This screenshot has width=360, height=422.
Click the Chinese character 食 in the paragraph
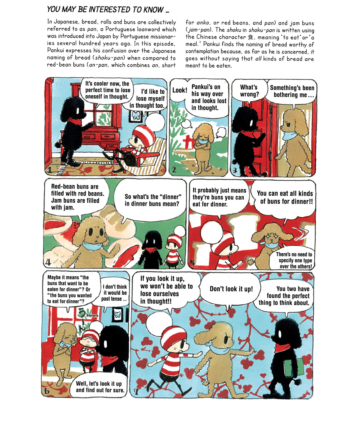pos(250,37)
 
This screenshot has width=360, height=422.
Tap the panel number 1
pos(50,170)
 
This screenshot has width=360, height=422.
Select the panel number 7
pos(136,391)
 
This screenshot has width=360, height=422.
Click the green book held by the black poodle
pos(293,367)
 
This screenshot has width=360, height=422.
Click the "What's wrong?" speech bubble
pos(249,91)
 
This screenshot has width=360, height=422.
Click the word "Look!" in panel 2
pos(180,90)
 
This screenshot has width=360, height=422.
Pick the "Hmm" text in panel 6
pos(92,315)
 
